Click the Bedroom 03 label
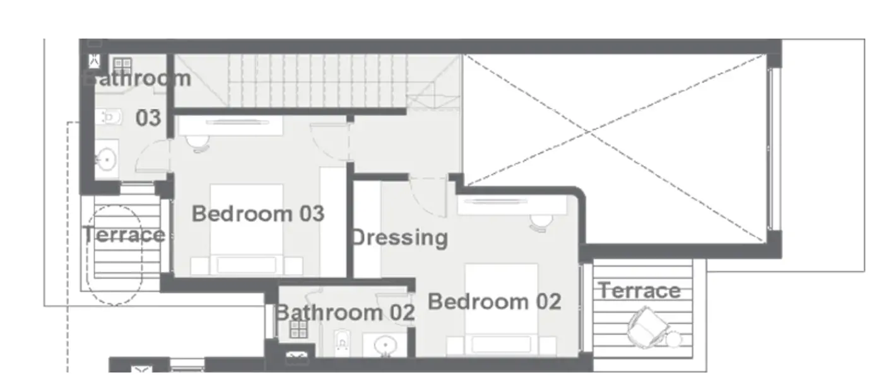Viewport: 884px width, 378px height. (258, 214)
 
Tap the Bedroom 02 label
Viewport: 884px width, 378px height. (495, 302)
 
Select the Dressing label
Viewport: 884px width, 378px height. (399, 238)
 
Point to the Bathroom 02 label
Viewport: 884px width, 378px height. (345, 312)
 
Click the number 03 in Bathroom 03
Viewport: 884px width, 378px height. (148, 118)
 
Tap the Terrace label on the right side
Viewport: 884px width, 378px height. (639, 290)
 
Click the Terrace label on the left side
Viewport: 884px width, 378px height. (124, 235)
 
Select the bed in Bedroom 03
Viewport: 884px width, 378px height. (247, 230)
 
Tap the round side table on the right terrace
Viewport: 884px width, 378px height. (675, 340)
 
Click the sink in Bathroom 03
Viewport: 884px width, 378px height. (107, 159)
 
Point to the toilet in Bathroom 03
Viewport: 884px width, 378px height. (109, 117)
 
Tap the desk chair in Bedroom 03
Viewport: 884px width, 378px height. (198, 143)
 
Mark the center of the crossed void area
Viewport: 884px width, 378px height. (589, 132)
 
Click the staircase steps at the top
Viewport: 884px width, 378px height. (315, 81)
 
